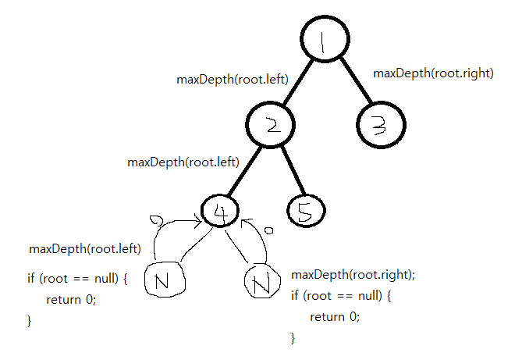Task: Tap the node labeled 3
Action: (382, 125)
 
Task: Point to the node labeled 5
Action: (305, 210)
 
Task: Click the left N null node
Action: (167, 279)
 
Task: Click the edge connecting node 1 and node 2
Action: (296, 84)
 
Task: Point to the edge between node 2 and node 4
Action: (245, 169)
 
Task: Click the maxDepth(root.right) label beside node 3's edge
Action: (433, 73)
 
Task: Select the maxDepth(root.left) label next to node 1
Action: (233, 79)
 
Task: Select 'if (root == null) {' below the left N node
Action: (76, 278)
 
